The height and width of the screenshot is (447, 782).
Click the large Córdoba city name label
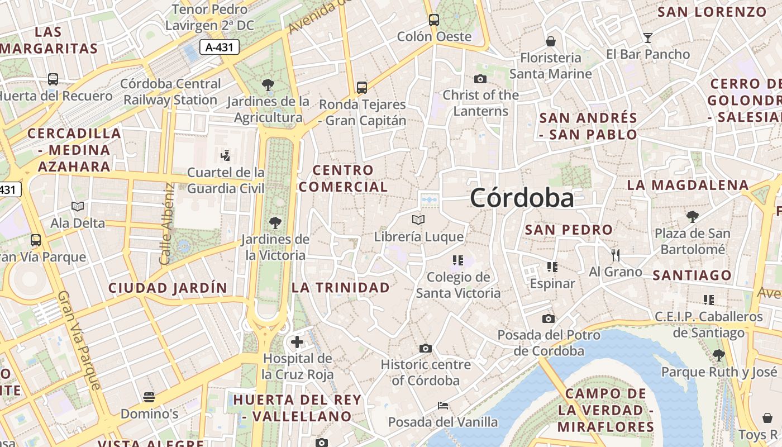pos(522,198)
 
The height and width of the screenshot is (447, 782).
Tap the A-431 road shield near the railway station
pos(220,47)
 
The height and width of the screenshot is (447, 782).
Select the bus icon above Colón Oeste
pos(434,21)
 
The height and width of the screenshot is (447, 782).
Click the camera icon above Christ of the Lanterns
pos(480,79)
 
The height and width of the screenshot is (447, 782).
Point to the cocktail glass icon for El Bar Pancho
pos(648,38)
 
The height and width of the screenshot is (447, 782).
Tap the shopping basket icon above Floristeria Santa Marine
pos(551,41)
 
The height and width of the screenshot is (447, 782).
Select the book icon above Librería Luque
pos(418,220)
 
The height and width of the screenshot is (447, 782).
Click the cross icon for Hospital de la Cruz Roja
pos(297,341)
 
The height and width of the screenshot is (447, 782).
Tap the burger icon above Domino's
pos(149,397)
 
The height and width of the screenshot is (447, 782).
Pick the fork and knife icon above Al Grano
pos(616,255)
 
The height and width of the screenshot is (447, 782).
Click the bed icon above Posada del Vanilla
pos(443,406)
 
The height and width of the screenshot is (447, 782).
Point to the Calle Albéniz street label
pos(166,223)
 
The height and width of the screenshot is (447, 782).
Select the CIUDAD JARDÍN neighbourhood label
pos(168,288)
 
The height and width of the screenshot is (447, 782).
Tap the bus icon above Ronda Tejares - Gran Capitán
pos(362,88)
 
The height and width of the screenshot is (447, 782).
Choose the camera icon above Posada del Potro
pos(549,319)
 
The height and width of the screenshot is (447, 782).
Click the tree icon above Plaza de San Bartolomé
pos(692,217)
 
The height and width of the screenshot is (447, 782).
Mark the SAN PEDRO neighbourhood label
pos(569,230)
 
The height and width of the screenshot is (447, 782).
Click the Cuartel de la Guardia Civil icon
pos(226,155)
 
